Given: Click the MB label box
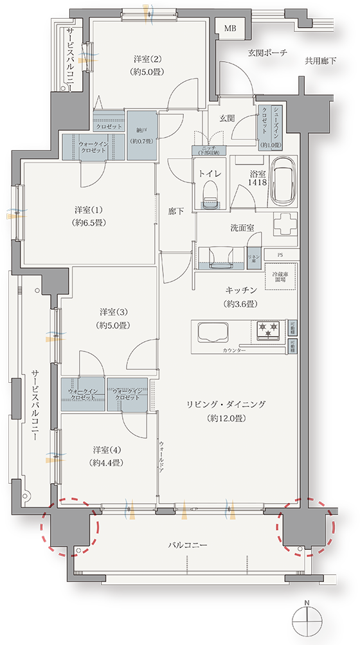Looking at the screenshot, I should coord(230,27).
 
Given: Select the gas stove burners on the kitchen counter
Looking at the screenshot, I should coord(267,330).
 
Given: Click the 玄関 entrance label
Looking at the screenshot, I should coord(228,118).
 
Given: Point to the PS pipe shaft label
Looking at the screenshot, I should coord(280,254).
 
